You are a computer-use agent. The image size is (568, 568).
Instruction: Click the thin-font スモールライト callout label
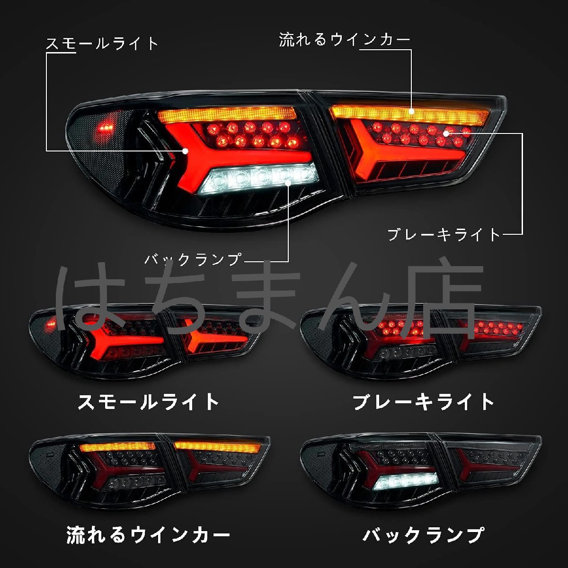coord(102,44)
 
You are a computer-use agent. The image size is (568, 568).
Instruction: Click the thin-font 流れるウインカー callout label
coord(344,40)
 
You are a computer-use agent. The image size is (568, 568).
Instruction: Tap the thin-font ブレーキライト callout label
coord(444,235)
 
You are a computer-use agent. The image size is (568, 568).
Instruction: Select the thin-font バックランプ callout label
coord(193,260)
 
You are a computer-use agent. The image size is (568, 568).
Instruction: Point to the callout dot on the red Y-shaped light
coord(186,151)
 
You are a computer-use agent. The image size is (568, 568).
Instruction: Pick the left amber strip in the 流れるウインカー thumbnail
coord(117,446)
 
